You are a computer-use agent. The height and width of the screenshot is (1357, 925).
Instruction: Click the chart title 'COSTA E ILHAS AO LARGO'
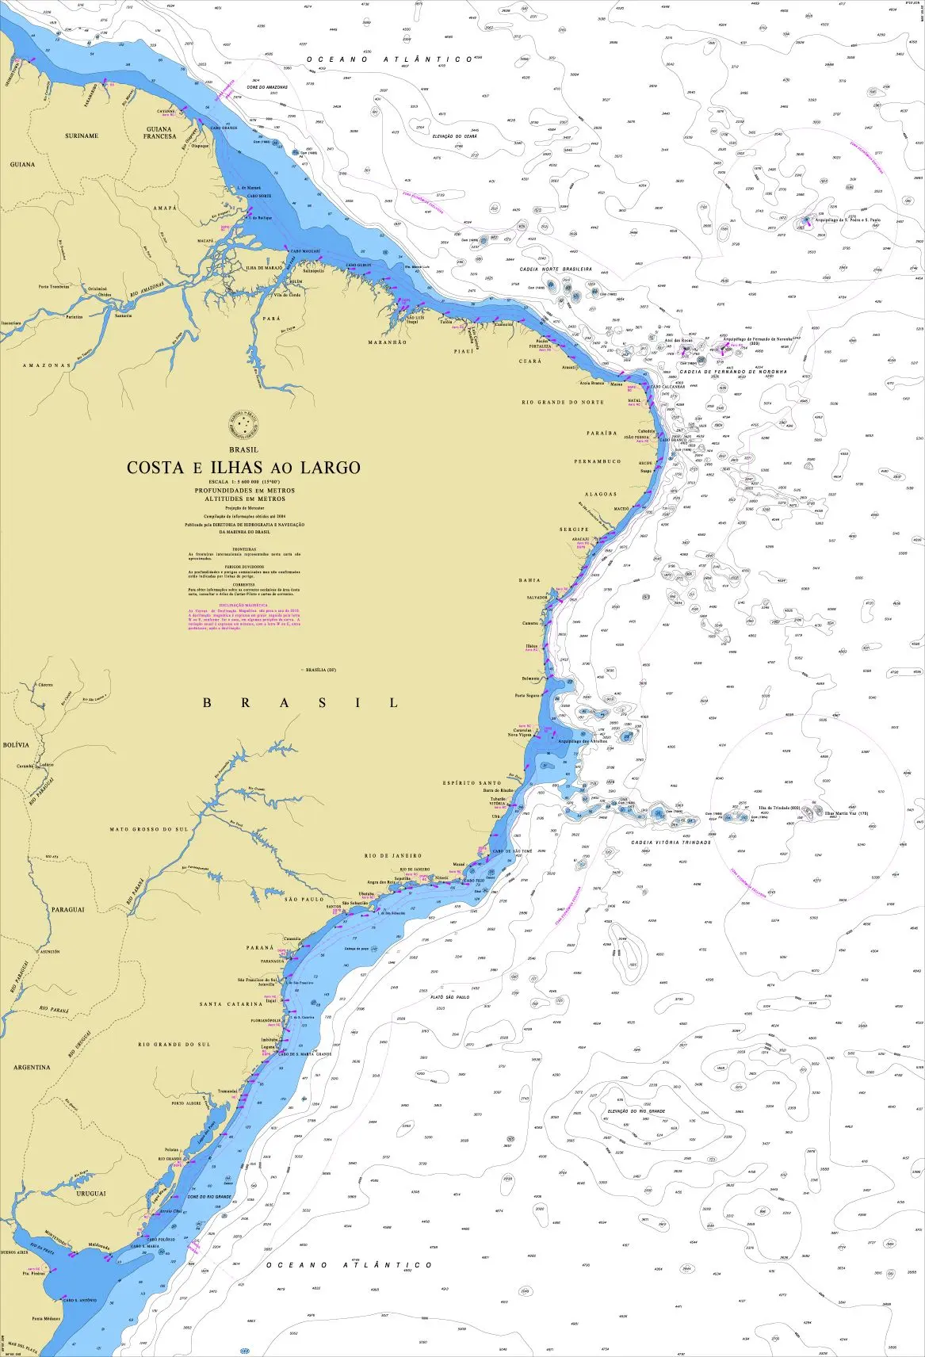(x=243, y=468)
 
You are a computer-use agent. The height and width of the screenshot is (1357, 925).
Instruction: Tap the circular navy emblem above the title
(x=243, y=429)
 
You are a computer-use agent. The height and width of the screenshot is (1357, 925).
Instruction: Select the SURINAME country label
(x=82, y=136)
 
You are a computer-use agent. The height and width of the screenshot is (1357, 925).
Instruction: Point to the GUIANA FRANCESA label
(x=159, y=132)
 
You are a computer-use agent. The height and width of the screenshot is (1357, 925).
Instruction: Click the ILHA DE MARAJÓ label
(x=264, y=268)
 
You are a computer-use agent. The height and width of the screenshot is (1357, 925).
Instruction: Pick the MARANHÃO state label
(x=388, y=342)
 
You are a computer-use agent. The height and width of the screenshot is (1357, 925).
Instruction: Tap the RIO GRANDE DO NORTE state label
(x=563, y=403)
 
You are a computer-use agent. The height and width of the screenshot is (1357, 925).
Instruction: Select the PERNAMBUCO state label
(x=598, y=461)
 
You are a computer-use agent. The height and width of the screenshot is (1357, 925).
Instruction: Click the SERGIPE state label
(x=574, y=529)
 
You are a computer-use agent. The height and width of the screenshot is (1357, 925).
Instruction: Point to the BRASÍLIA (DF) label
(x=321, y=670)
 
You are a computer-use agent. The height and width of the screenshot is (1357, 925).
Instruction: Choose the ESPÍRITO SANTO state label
(x=472, y=783)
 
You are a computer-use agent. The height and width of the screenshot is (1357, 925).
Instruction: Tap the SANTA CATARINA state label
(x=231, y=1004)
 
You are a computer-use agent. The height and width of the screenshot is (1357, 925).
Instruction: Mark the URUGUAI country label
(x=90, y=1192)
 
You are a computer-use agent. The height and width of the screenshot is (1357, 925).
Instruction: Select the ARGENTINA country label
(x=32, y=1067)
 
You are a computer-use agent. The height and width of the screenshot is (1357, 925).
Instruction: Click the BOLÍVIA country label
(x=16, y=745)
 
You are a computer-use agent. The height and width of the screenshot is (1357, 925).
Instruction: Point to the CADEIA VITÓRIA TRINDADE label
(x=671, y=842)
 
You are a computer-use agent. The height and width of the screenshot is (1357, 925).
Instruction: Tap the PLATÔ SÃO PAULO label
(x=449, y=997)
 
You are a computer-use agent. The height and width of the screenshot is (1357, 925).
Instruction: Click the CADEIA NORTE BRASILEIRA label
(x=555, y=269)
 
